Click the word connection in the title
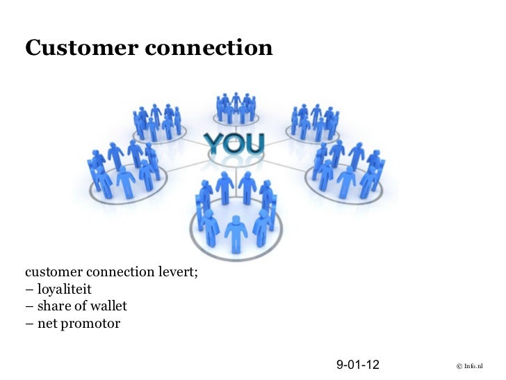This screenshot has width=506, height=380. pyautogui.click(x=206, y=47)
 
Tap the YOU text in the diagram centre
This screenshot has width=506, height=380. pyautogui.click(x=234, y=144)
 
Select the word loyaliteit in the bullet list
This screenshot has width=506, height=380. pyautogui.click(x=64, y=289)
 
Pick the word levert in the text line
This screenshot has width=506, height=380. pyautogui.click(x=180, y=271)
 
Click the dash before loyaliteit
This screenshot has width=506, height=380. pyautogui.click(x=29, y=289)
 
